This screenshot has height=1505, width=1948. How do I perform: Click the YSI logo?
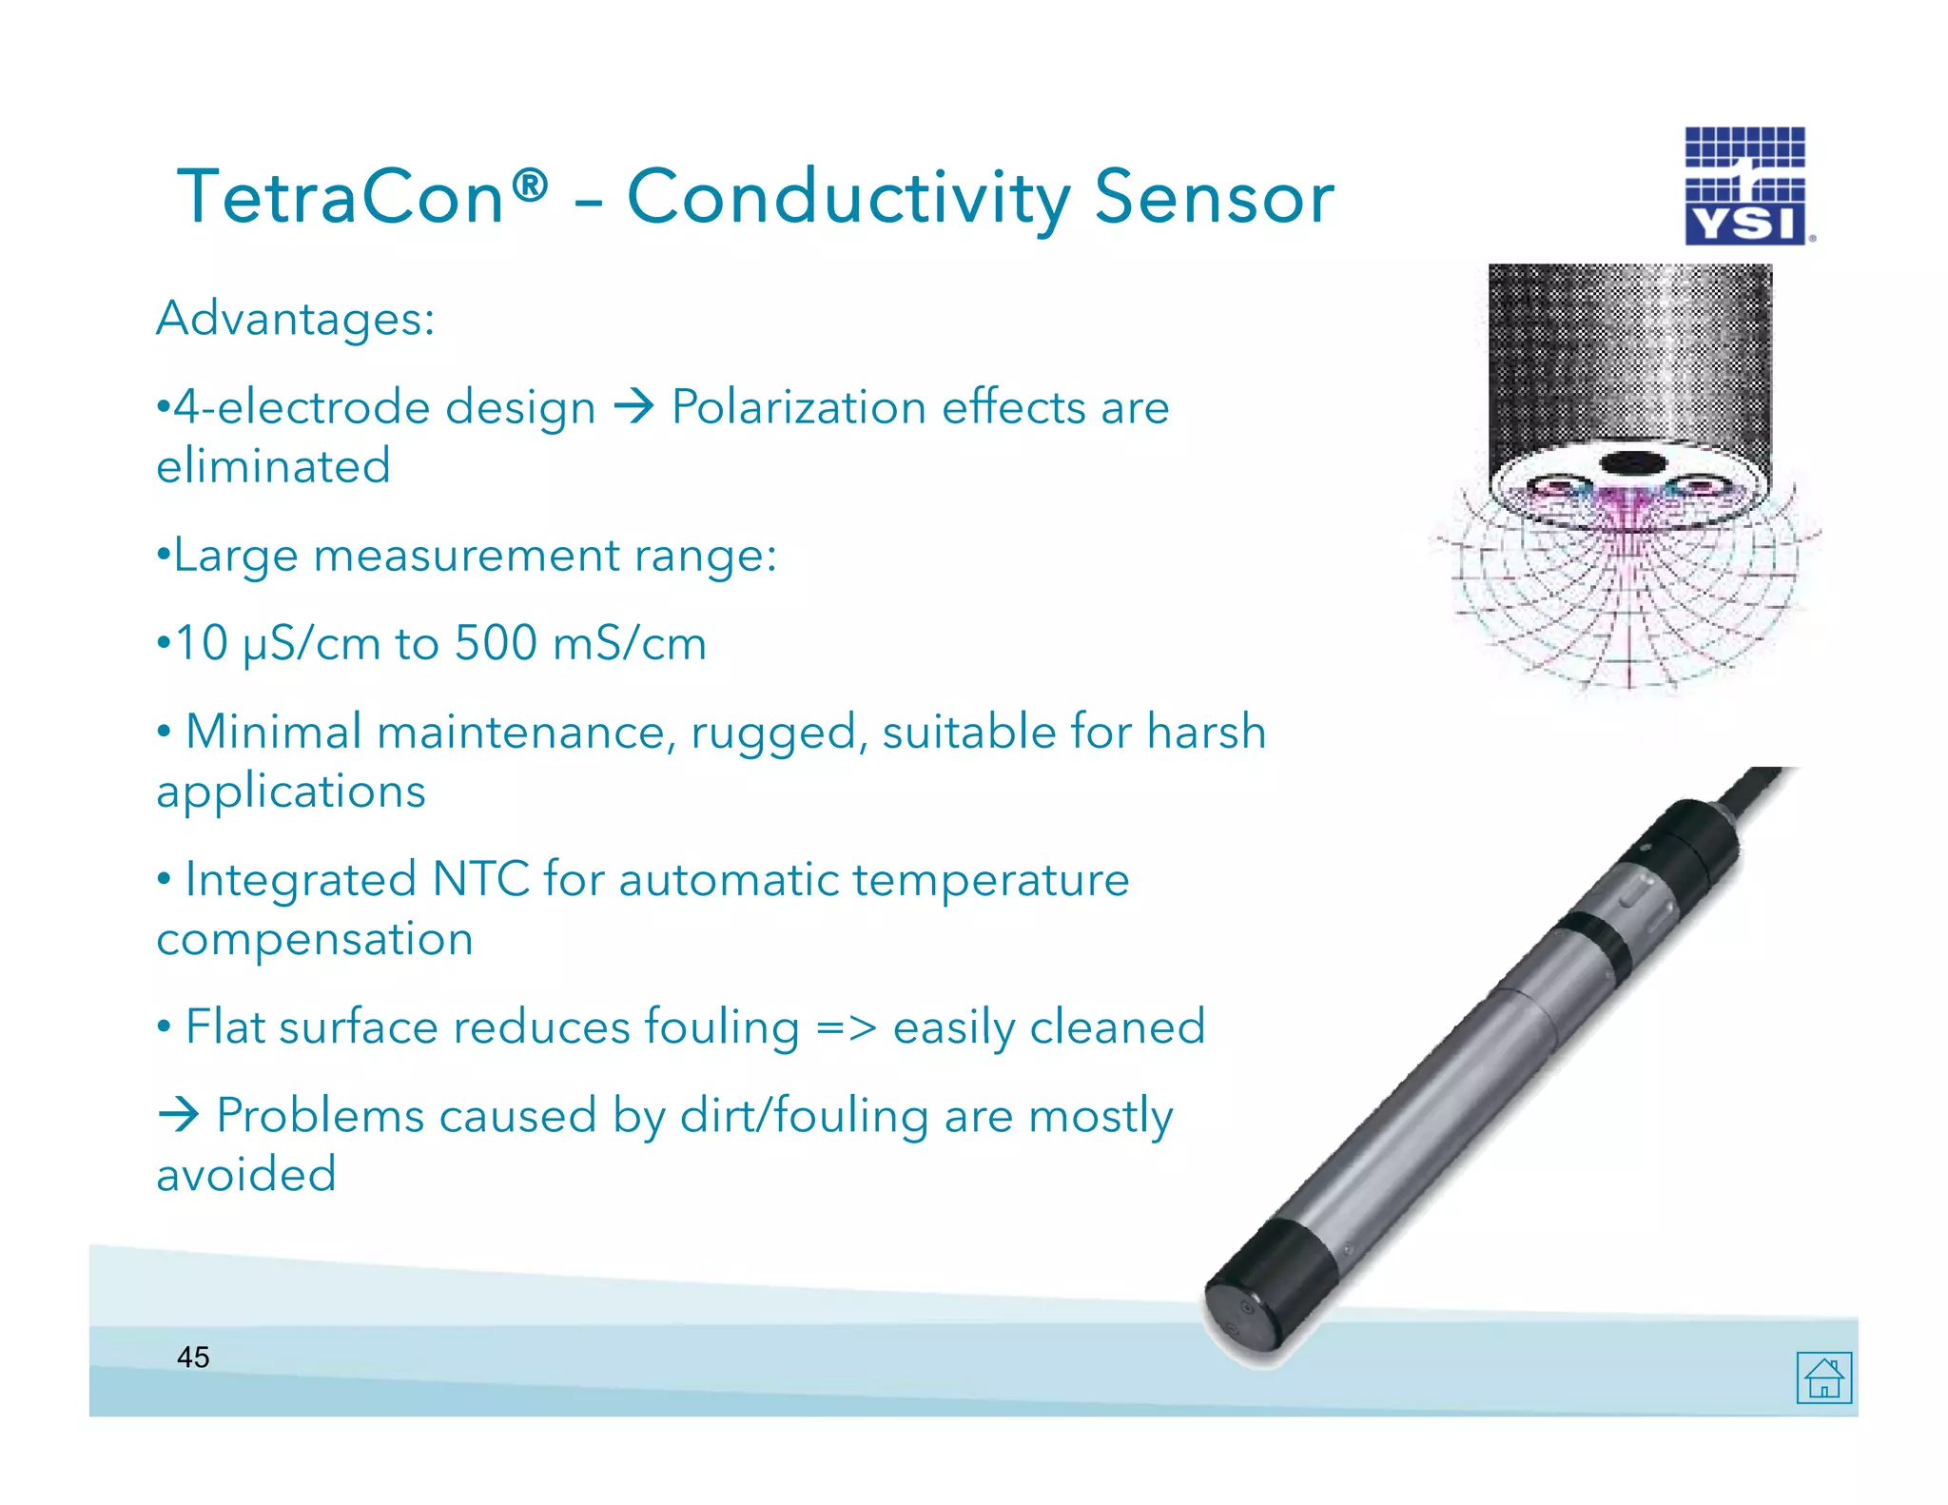(x=1745, y=187)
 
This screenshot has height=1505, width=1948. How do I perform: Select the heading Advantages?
(x=295, y=318)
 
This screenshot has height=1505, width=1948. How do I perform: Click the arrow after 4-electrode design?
(x=633, y=407)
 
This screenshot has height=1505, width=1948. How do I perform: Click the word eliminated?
(x=273, y=466)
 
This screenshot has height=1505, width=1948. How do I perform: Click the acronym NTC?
(x=480, y=879)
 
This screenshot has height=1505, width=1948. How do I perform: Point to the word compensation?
(x=315, y=940)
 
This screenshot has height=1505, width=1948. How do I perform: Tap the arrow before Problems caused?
(x=179, y=1115)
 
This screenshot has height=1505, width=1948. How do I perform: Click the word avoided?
(x=246, y=1175)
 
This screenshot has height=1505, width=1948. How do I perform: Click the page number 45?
(x=193, y=1358)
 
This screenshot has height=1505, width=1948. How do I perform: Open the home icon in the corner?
(x=1823, y=1378)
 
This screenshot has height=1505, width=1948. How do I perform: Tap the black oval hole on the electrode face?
(x=1633, y=464)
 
